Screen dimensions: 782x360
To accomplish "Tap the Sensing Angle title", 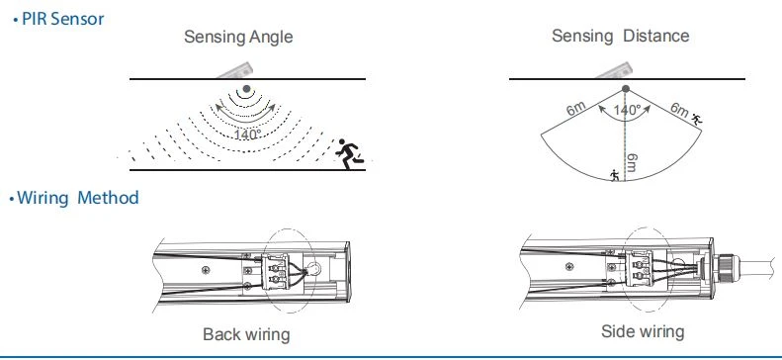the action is pyautogui.click(x=238, y=37).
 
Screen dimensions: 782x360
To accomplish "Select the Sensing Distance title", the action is pyautogui.click(x=621, y=36).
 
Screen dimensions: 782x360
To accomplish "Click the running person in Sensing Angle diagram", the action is pyautogui.click(x=349, y=154).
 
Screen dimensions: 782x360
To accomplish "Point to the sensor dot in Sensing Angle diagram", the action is pyautogui.click(x=246, y=89).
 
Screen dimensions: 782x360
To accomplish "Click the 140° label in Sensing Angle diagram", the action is pyautogui.click(x=248, y=135).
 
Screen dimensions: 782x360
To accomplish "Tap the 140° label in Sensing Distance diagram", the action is pyautogui.click(x=627, y=110).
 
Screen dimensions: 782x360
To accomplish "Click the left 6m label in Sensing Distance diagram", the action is pyautogui.click(x=575, y=109).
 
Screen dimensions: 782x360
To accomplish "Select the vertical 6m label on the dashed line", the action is pyautogui.click(x=632, y=162).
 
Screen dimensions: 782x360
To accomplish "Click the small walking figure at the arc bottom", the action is pyautogui.click(x=616, y=175).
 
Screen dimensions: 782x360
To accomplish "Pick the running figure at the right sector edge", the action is pyautogui.click(x=697, y=119).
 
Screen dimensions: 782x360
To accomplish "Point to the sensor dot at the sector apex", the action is pyautogui.click(x=626, y=89).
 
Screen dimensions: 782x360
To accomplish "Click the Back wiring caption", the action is pyautogui.click(x=246, y=334).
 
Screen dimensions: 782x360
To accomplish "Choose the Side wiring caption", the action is pyautogui.click(x=643, y=331).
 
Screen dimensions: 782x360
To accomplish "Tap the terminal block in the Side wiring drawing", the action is pyautogui.click(x=639, y=268).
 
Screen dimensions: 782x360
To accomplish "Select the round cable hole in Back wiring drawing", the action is pyautogui.click(x=313, y=270).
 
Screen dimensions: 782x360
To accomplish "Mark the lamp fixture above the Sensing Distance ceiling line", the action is pyautogui.click(x=615, y=71).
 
